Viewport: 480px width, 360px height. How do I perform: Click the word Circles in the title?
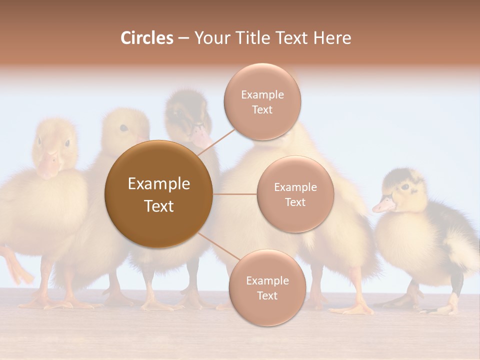(147, 38)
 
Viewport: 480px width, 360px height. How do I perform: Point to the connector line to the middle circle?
(234, 194)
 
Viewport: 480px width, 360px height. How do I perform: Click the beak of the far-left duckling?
(48, 165)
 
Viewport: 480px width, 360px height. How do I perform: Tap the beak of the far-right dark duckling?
(383, 205)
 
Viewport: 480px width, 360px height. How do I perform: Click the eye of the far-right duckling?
(405, 187)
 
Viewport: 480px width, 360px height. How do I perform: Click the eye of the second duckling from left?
(123, 128)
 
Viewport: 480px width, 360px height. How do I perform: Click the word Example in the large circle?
(158, 184)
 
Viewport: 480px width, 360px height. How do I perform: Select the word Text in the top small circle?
(262, 109)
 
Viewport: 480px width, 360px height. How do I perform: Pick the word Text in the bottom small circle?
(267, 295)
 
